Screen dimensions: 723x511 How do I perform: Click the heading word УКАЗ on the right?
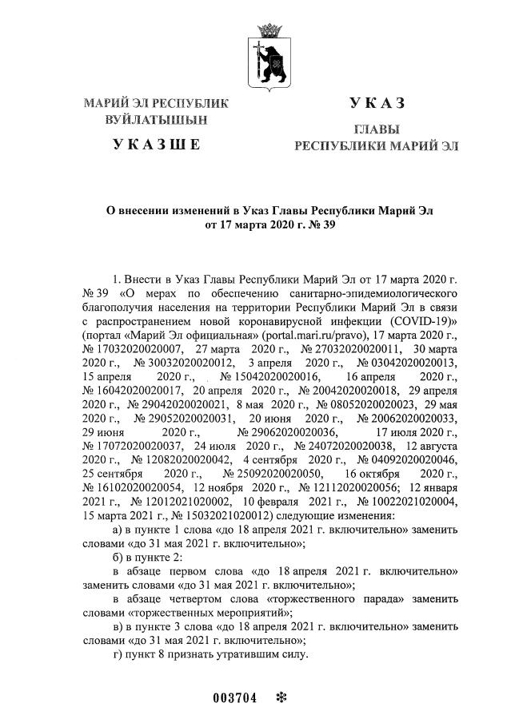pyautogui.click(x=377, y=102)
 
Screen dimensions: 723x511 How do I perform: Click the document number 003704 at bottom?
pyautogui.click(x=235, y=697)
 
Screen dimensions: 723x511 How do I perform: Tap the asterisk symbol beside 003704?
pyautogui.click(x=280, y=697)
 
